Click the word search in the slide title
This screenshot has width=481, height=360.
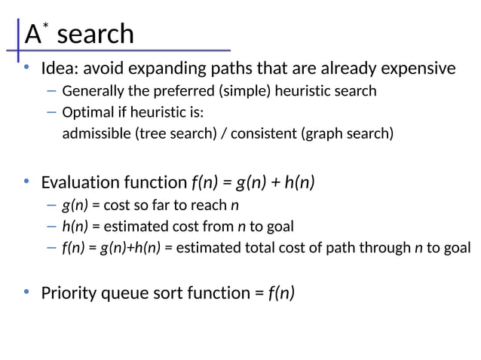(95, 34)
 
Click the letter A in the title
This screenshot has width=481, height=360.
(32, 35)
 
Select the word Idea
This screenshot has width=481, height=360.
(58, 69)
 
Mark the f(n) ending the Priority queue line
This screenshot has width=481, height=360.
(281, 292)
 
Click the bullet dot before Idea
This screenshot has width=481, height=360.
(26, 69)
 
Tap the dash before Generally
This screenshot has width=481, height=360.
(51, 92)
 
